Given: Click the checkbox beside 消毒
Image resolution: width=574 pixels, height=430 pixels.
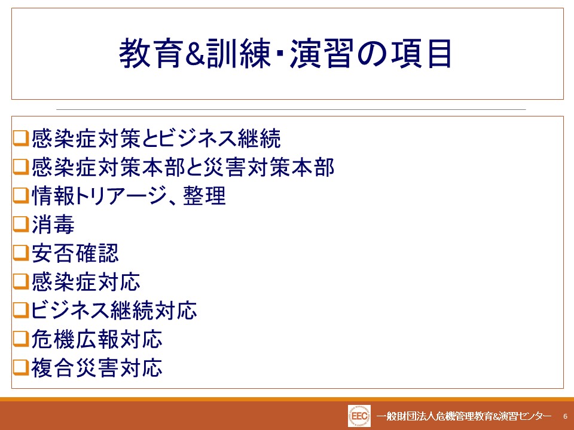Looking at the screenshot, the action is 21,224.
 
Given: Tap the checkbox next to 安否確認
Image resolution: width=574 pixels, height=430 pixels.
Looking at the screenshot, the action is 21,253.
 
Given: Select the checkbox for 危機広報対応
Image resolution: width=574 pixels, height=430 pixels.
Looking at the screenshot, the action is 21,339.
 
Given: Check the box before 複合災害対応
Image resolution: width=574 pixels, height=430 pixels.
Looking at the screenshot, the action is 21,367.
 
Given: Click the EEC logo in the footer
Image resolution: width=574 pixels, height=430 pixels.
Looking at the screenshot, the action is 359,416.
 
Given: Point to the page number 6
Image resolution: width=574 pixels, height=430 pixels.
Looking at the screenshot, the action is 565,416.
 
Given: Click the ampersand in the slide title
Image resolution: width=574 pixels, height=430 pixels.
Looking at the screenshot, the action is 194,54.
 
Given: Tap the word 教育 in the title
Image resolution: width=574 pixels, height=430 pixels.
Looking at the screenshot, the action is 151,54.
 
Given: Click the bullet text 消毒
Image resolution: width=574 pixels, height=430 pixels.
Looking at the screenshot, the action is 53,224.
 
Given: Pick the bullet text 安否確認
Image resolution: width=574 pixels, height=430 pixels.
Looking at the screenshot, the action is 75,253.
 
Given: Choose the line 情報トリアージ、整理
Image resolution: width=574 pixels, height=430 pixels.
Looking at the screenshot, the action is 129,196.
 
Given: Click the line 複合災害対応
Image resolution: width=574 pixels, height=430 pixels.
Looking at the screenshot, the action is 97,367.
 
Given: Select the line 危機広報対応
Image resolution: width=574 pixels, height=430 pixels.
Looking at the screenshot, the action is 97,339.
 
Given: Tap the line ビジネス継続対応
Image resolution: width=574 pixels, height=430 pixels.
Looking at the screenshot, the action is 114,311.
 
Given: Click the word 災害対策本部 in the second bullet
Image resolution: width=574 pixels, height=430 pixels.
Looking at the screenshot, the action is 268,167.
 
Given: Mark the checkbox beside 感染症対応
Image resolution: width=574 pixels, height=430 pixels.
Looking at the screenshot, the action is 21,281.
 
